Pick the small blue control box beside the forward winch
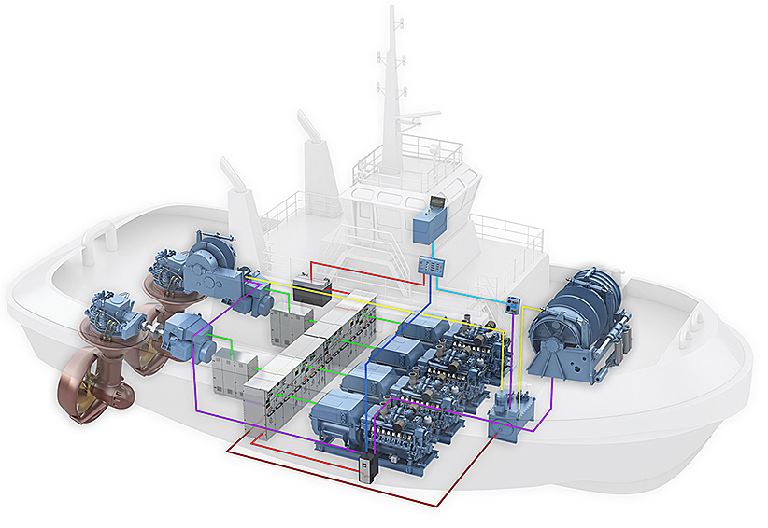(x=513, y=305)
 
